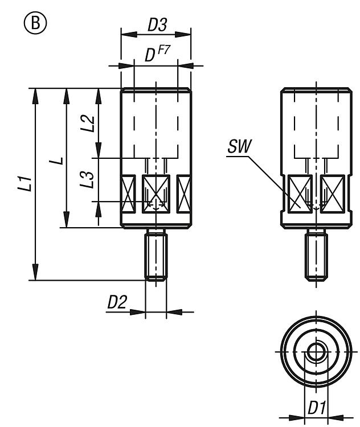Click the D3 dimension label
(157, 25)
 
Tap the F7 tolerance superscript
(165, 51)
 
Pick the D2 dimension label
(117, 302)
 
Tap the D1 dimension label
(317, 408)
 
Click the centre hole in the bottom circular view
(316, 350)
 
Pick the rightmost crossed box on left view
(183, 195)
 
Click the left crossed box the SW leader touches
(301, 195)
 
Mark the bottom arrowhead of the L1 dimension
(36, 273)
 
